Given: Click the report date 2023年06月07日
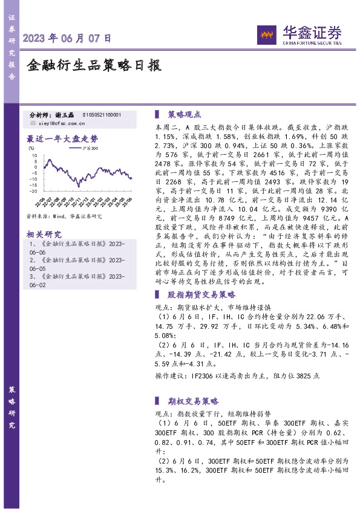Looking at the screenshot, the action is coord(67,38).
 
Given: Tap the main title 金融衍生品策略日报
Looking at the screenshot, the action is coord(94,65).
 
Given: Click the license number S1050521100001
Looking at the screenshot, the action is coord(101,114).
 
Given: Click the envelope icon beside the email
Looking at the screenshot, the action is coord(33,123).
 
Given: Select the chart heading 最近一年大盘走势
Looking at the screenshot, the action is coord(62,138).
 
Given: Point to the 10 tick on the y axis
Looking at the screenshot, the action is coord(34,156).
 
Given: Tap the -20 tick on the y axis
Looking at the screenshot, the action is coord(34,191).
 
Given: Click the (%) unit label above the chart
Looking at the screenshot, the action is coord(31,148).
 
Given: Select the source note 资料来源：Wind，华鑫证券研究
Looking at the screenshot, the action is coord(64,216).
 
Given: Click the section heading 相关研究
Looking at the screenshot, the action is coord(45,234).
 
